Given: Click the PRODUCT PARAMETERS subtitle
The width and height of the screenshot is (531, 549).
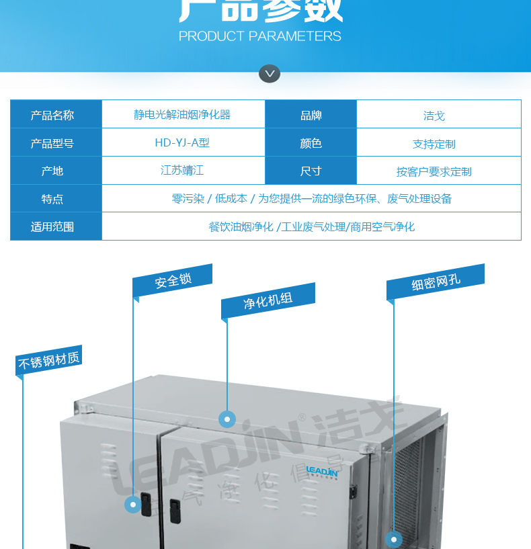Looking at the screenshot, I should [x=260, y=36].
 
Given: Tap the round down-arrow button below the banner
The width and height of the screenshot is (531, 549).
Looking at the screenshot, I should [x=270, y=73].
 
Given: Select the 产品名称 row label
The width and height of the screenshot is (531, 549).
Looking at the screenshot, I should [x=52, y=115].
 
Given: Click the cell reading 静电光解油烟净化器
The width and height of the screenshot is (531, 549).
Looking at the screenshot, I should [x=182, y=115].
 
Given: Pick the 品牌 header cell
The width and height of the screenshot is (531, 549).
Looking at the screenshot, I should [x=311, y=115].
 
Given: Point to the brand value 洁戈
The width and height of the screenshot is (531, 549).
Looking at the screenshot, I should [x=434, y=116].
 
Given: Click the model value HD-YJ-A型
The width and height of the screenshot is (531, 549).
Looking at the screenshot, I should [x=182, y=143].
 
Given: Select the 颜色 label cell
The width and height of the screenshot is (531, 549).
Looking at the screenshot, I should [x=311, y=143].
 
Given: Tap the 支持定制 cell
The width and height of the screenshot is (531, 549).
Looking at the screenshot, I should [x=434, y=144].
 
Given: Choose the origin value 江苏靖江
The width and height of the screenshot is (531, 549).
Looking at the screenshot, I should [x=182, y=171].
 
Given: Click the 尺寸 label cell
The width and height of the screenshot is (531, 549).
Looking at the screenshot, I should [x=311, y=171].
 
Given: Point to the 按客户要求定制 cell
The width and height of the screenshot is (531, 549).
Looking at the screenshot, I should [x=434, y=171].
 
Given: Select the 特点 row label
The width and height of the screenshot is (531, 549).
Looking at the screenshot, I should [x=52, y=199].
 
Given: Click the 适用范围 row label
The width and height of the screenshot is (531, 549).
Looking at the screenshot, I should [x=52, y=226].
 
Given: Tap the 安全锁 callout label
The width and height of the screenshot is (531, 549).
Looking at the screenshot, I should [x=173, y=280].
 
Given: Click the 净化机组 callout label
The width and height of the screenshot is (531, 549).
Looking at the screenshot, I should [x=268, y=300].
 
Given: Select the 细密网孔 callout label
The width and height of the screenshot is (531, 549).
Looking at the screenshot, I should [x=436, y=282].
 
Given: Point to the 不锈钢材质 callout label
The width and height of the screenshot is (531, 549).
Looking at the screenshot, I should [x=48, y=360].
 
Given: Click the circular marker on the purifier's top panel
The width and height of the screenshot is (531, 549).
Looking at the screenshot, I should [x=227, y=419].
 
